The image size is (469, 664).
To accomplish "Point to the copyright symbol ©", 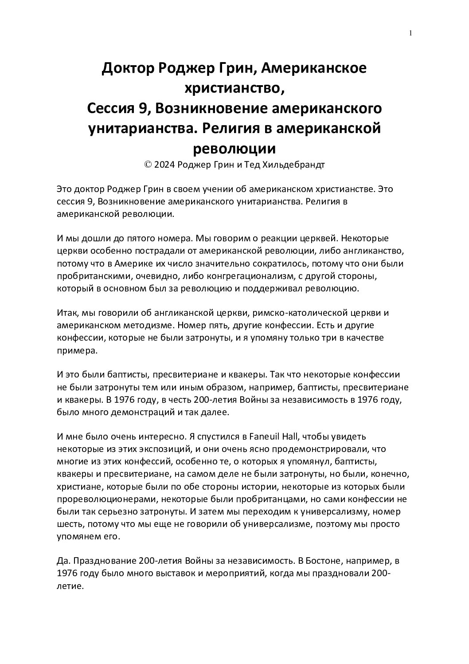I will pos(148,165).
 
